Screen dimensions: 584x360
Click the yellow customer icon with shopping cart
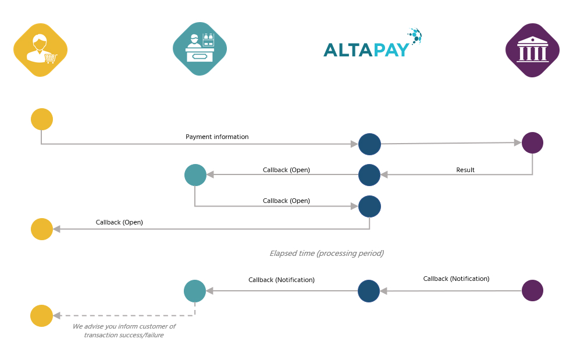40,50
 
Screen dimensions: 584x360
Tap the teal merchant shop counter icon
200,49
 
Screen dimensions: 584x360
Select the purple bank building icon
532,50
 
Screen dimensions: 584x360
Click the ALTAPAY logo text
366,50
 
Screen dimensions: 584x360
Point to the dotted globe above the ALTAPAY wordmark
416,36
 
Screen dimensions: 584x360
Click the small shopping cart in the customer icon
51,58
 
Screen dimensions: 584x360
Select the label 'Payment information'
217,137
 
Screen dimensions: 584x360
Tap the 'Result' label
465,170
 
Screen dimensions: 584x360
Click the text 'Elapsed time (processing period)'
327,253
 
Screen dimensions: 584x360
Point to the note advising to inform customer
124,330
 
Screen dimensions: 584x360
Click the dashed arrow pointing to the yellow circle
124,316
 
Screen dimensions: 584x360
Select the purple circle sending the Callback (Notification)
532,290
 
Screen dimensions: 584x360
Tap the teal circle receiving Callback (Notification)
195,291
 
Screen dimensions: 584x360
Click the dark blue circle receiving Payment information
369,144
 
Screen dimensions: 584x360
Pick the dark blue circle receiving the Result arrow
369,175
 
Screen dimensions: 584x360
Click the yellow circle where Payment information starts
42,119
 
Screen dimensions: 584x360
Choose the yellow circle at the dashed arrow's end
41,316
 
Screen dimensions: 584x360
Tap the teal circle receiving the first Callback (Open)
195,175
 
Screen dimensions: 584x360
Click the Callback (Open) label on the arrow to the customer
119,222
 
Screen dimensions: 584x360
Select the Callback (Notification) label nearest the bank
456,279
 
